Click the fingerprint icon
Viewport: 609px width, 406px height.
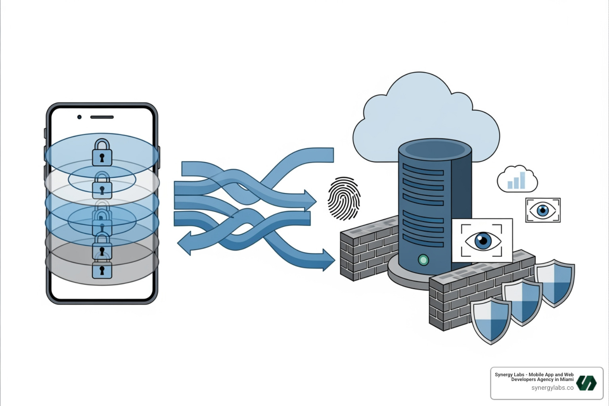click(x=344, y=199)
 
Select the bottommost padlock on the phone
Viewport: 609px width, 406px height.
click(x=102, y=270)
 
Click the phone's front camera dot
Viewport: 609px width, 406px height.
click(x=79, y=117)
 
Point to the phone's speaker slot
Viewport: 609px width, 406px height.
click(x=102, y=117)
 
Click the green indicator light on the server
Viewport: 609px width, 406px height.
click(x=423, y=260)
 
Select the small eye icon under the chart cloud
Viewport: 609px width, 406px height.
click(x=543, y=210)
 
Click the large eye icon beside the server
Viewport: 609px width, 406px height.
click(x=482, y=240)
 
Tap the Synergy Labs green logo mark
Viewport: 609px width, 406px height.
click(x=586, y=383)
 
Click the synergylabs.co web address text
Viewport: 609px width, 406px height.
click(x=552, y=388)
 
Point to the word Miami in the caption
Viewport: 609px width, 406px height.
click(x=567, y=379)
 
